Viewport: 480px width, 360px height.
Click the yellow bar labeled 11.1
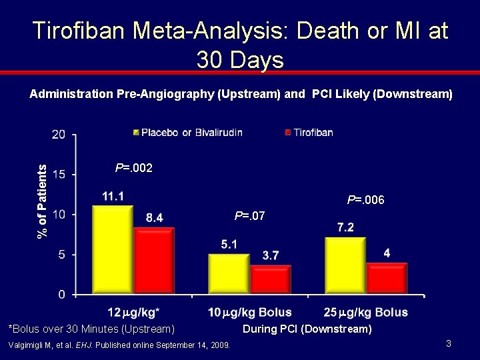tap(113, 249)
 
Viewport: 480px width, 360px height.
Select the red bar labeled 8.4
tap(154, 261)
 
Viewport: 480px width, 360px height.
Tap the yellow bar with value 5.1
tap(229, 274)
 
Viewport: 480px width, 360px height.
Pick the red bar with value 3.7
tap(271, 279)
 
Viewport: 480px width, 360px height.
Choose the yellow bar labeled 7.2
tap(345, 265)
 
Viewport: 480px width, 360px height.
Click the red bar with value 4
tap(387, 278)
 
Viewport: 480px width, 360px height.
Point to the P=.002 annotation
tap(134, 168)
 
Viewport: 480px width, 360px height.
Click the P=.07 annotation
tap(249, 216)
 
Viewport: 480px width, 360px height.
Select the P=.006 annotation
tap(365, 200)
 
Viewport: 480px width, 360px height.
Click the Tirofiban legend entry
tap(309, 133)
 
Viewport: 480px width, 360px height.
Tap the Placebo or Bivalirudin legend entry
tap(188, 133)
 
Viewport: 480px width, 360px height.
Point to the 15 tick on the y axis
tap(59, 175)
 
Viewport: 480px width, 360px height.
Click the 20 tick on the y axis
tap(59, 135)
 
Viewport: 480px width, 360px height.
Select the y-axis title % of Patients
tap(42, 201)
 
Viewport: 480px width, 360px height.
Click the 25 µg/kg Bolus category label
tap(366, 312)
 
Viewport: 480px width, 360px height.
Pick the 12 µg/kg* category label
tap(134, 312)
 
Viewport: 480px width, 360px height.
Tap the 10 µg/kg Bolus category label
tap(250, 312)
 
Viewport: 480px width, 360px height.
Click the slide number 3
tap(449, 343)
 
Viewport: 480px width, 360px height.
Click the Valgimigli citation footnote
tap(119, 345)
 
